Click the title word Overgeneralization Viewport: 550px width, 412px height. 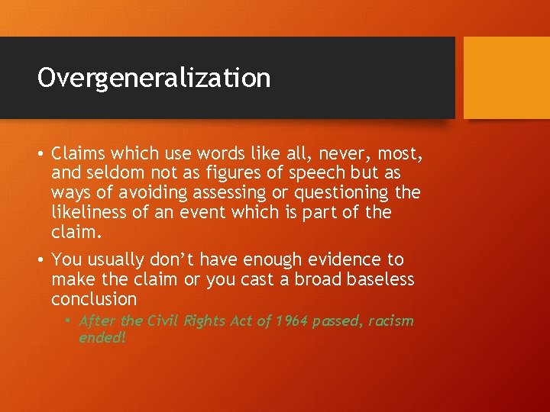(x=154, y=78)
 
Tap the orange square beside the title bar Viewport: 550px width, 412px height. (x=506, y=77)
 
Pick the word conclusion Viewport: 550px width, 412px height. (x=94, y=298)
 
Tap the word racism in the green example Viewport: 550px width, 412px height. (x=391, y=320)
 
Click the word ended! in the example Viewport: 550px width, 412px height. (x=102, y=337)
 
